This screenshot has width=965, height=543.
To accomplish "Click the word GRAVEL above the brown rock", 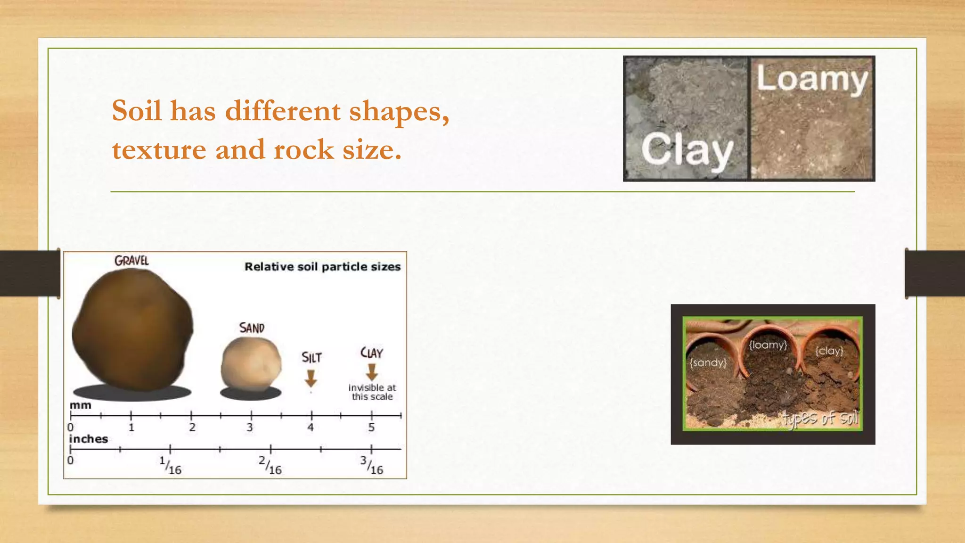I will [131, 261].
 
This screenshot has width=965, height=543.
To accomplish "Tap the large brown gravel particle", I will [133, 332].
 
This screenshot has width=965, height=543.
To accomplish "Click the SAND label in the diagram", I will [252, 328].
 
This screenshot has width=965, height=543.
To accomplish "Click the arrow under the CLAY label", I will [372, 372].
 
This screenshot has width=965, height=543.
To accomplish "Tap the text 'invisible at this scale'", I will [372, 392].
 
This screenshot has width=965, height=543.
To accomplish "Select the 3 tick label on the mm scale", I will [250, 428].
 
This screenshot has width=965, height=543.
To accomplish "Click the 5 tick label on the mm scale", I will [371, 428].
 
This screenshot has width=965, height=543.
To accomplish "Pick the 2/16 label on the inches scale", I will [270, 465].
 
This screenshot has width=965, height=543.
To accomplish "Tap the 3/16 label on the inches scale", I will [372, 465].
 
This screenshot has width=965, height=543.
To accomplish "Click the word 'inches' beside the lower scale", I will [89, 439].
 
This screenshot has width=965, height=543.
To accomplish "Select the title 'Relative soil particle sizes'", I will [322, 267].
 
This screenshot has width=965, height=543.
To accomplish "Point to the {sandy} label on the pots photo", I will [708, 362].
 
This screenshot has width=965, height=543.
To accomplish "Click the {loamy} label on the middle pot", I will [768, 345].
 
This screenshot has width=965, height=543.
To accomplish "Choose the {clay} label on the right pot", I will [829, 351].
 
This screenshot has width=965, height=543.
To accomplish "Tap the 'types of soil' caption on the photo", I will [820, 418].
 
